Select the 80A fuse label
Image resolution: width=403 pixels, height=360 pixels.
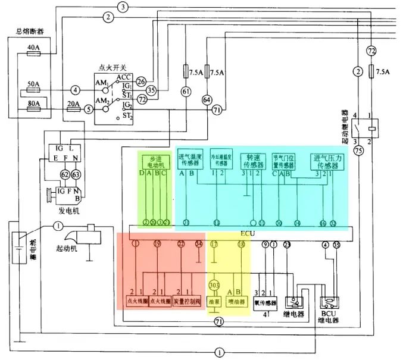33,104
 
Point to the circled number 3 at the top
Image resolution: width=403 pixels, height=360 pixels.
123,7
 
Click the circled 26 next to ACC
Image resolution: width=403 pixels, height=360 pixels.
141,80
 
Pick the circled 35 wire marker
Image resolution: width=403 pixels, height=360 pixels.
152,90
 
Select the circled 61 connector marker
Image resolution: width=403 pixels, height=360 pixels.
186,91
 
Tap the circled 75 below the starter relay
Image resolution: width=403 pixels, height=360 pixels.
358,151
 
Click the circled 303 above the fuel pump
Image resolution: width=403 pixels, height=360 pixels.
214,285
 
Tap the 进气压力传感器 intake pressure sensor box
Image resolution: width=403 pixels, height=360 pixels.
327,161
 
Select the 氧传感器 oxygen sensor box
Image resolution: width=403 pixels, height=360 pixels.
266,302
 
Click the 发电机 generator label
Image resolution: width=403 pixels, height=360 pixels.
64,211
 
